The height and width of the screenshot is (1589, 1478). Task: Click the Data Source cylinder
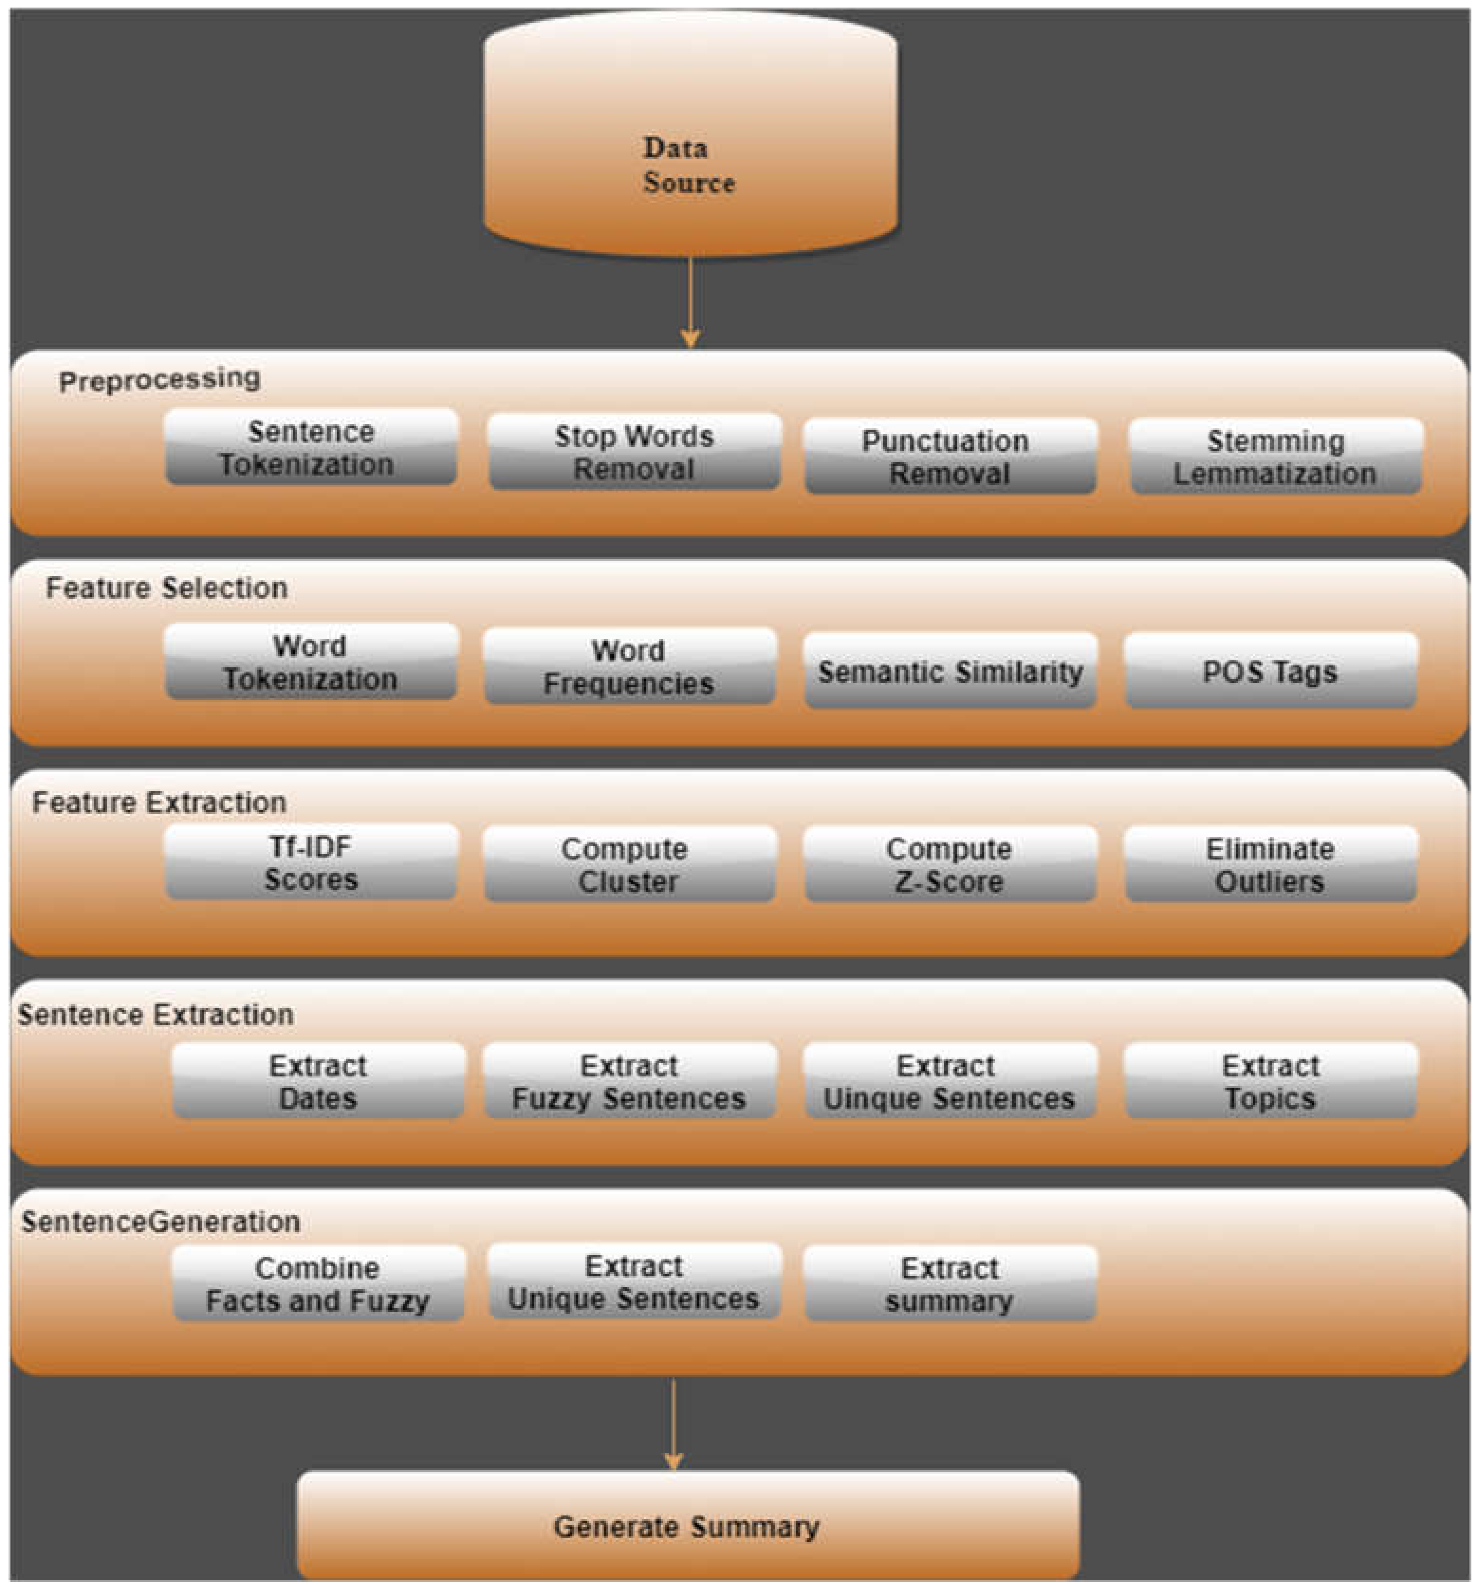click(x=690, y=136)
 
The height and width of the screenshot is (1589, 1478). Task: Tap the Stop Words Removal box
click(x=634, y=452)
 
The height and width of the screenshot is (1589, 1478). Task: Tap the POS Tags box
click(x=1270, y=672)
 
